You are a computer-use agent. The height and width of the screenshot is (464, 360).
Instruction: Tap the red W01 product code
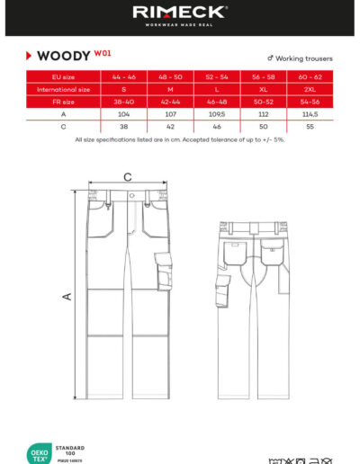click(103, 53)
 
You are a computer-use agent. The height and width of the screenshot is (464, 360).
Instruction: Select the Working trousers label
click(303, 58)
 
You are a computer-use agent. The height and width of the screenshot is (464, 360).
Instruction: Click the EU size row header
click(63, 77)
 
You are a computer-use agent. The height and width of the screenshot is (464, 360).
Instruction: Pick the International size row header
click(63, 90)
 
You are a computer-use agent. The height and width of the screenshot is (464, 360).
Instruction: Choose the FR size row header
click(63, 103)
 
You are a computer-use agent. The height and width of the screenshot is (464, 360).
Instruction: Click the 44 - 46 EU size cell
click(123, 77)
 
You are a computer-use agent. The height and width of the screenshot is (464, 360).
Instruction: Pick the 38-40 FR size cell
click(123, 103)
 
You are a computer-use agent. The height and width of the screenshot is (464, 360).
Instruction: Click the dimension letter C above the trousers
click(128, 177)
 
